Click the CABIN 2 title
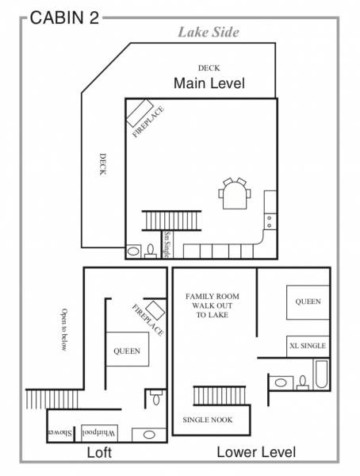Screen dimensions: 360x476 point(64,17)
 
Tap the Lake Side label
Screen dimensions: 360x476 point(209,33)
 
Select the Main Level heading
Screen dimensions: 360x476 point(209,83)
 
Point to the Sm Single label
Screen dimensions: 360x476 point(167,244)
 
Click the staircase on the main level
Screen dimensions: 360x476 point(171,221)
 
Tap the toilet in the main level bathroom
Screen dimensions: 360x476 point(150,251)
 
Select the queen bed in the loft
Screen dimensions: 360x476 point(127,349)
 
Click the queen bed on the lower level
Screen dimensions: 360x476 point(308,302)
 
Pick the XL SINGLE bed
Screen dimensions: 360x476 point(308,347)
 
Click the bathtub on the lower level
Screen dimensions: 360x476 point(321,374)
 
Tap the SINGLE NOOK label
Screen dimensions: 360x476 point(208,420)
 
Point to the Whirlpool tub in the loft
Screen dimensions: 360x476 point(99,433)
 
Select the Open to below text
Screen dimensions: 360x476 point(64,330)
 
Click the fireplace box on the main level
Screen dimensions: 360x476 point(140,113)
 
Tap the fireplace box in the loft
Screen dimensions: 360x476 point(155,310)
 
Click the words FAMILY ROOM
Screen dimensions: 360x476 point(213,296)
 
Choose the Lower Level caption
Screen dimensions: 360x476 point(256,452)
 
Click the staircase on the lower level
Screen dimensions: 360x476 point(219,396)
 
